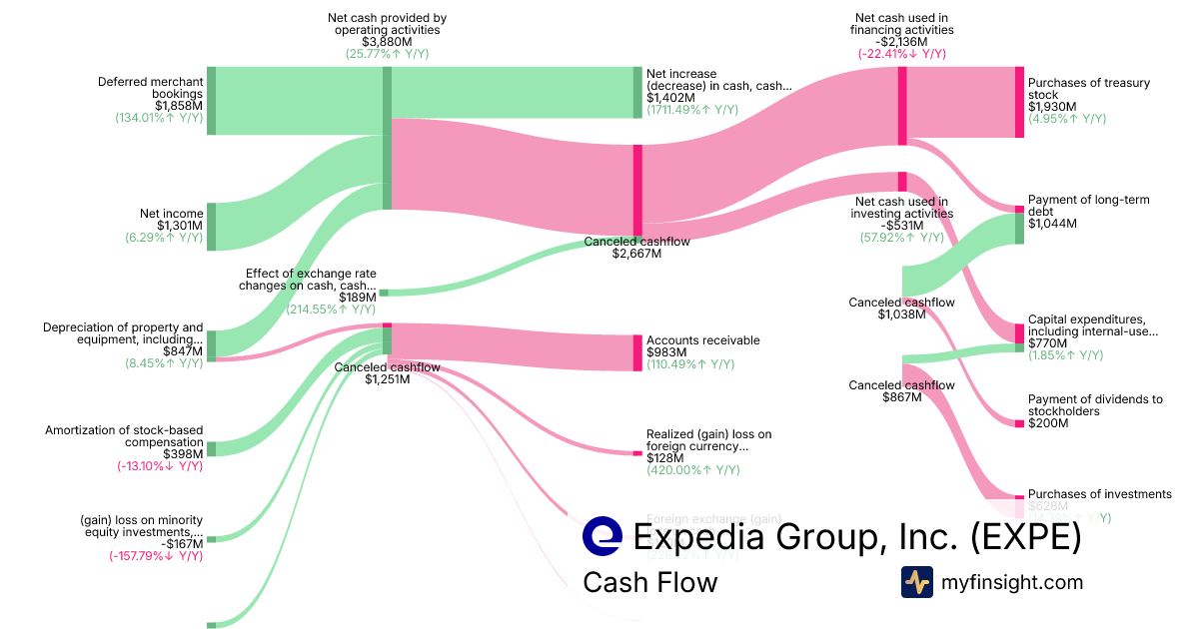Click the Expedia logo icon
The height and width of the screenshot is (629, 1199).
[602, 536]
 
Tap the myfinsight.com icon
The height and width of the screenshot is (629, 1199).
[916, 582]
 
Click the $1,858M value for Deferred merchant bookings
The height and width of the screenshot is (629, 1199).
[179, 105]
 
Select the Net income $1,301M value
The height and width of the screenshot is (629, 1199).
[180, 226]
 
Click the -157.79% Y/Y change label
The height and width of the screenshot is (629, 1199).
[156, 556]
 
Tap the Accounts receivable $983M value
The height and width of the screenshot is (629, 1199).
[666, 352]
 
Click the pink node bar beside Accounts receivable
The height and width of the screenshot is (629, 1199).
[637, 352]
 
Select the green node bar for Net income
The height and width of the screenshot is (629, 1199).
[211, 226]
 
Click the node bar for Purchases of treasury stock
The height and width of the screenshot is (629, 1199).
[1019, 102]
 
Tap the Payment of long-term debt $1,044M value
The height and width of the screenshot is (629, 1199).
[1052, 224]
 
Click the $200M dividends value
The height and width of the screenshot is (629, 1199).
[1048, 423]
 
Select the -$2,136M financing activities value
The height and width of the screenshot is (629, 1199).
[902, 42]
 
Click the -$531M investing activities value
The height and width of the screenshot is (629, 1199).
[901, 226]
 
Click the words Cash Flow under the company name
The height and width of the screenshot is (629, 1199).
[649, 582]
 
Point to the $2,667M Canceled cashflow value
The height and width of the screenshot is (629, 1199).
[636, 254]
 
